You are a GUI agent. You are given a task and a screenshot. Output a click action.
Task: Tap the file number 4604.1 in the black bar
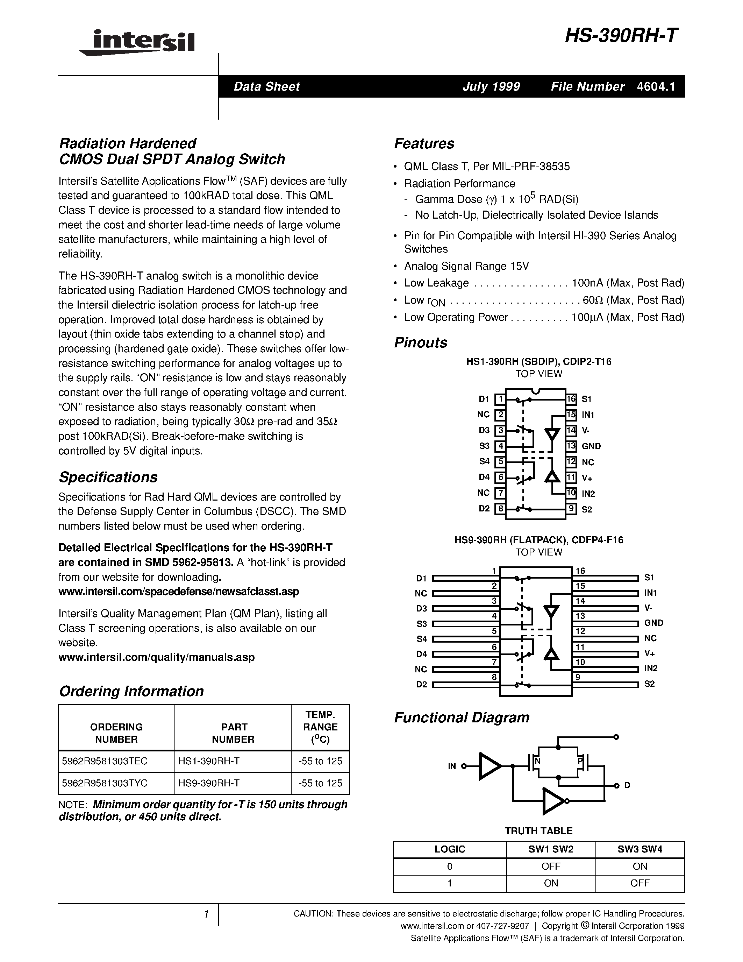coord(655,86)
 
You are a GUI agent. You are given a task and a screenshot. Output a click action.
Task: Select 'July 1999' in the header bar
coord(491,86)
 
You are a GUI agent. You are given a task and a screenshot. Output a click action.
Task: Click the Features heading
coord(424,143)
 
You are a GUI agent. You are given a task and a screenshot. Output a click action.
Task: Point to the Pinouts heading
coord(420,342)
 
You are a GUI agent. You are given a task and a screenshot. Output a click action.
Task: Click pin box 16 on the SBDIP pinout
coord(571,399)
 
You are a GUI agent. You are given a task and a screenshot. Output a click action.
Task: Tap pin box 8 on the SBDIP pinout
coord(500,509)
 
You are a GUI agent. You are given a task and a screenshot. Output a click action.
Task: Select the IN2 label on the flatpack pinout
coord(651,668)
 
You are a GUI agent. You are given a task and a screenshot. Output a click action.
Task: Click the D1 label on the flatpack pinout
coord(421,578)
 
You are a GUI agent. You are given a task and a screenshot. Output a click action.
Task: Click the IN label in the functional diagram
coord(452,766)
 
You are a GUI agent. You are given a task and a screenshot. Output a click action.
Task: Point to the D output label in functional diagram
coord(627,785)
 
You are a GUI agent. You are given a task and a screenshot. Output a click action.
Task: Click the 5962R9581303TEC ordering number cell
coord(105,761)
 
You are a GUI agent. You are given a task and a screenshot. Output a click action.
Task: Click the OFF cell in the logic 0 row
coord(551,866)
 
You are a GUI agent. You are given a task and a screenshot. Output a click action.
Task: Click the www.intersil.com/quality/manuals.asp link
coord(156,657)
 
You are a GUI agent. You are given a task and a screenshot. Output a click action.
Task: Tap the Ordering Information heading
coord(131,691)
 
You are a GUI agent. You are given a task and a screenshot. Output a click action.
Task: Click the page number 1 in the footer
coord(206,915)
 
